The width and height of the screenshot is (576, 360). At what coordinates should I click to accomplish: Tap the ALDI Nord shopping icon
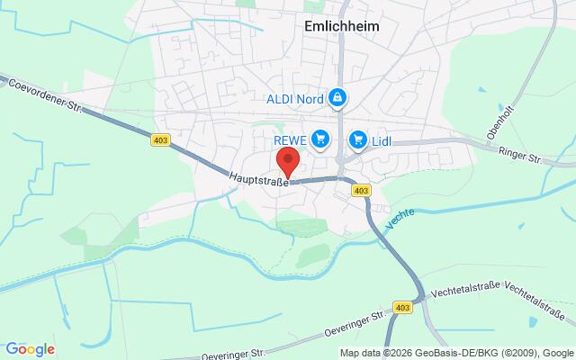[x=337, y=96]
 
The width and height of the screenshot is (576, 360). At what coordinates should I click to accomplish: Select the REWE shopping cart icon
[x=321, y=139]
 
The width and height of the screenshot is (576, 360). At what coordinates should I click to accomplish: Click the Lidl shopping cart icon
[x=359, y=139]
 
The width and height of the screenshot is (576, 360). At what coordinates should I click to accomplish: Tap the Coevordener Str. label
[x=45, y=98]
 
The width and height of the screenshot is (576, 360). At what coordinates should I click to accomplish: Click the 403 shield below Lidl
[x=361, y=191]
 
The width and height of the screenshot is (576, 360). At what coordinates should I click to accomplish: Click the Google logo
[x=30, y=349]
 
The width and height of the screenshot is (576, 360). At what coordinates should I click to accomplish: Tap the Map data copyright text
[x=455, y=352]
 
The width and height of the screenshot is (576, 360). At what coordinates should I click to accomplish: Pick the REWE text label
[x=292, y=140]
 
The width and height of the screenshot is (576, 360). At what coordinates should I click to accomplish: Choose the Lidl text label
[x=384, y=140]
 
